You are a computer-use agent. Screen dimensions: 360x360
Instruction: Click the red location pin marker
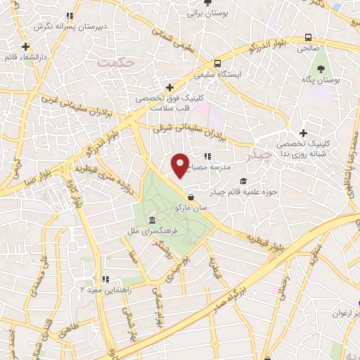(180, 165)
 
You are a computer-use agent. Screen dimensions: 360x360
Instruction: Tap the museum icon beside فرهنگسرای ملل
(153, 221)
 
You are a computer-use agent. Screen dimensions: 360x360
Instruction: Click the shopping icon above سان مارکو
(192, 198)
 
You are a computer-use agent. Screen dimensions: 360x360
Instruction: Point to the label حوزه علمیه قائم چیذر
(243, 191)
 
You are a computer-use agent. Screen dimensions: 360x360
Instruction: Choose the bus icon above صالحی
(307, 38)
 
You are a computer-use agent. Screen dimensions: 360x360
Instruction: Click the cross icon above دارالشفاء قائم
(25, 48)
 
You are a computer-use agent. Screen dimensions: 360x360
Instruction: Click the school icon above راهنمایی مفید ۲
(105, 279)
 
